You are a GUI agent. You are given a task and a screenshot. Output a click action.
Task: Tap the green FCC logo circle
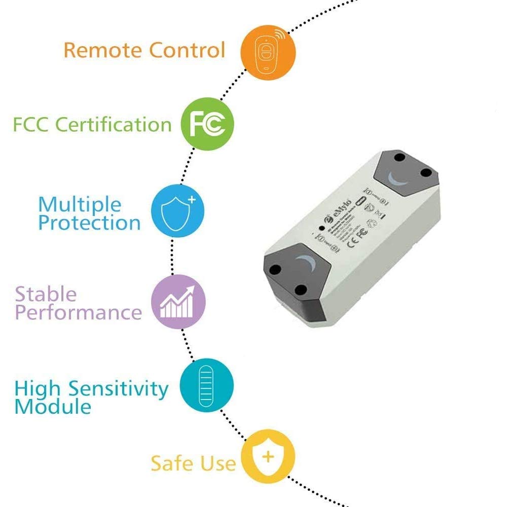[208, 124]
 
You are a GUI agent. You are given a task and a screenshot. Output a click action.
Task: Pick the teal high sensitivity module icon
[207, 385]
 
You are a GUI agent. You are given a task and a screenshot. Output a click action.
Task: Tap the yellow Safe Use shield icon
[267, 457]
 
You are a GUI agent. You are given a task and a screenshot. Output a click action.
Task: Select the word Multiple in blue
[80, 205]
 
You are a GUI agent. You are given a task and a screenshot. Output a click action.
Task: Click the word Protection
[89, 223]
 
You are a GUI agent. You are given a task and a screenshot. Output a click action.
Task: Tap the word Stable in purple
[46, 294]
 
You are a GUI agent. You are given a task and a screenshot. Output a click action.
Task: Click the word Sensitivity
[118, 388]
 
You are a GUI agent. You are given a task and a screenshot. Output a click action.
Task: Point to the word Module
[53, 407]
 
